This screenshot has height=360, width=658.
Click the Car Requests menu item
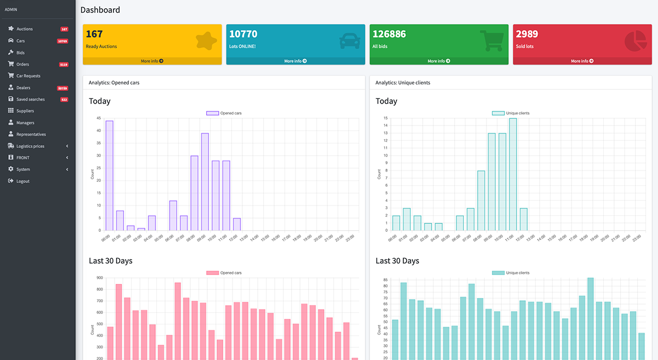pos(28,76)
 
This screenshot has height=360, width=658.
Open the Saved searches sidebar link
pos(30,99)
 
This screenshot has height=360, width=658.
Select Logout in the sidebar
pos(22,181)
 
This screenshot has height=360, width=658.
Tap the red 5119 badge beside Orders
pos(64,65)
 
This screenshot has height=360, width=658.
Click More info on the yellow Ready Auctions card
pos(152,61)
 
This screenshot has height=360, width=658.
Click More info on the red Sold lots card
pos(582,61)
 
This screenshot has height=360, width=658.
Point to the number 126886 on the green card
pos(389,34)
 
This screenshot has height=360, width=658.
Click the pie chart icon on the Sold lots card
pos(636,41)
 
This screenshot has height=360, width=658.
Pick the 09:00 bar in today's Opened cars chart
pos(205,181)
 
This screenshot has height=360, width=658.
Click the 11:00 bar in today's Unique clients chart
pos(513,174)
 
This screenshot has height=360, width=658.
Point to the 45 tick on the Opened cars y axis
pos(98,118)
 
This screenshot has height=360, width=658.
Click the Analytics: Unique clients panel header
pos(403,83)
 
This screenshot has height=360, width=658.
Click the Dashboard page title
pos(100,10)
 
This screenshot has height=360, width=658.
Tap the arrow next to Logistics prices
pos(67,146)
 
